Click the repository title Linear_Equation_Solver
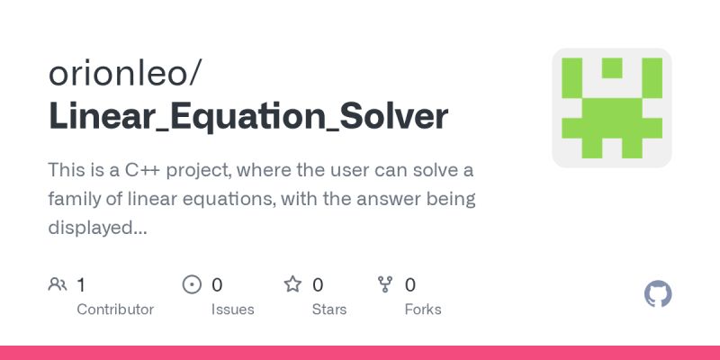(247, 117)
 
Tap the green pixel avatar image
(612, 108)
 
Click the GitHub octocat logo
(659, 294)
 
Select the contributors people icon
(58, 285)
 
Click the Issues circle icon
(192, 285)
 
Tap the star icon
(292, 285)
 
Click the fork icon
(385, 285)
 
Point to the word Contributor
(115, 309)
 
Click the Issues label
(233, 309)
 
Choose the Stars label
(329, 309)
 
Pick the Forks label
(423, 309)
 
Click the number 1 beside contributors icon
(81, 285)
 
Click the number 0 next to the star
(318, 285)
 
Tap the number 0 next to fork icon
(410, 285)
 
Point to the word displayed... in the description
(97, 228)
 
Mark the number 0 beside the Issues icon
(217, 285)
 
